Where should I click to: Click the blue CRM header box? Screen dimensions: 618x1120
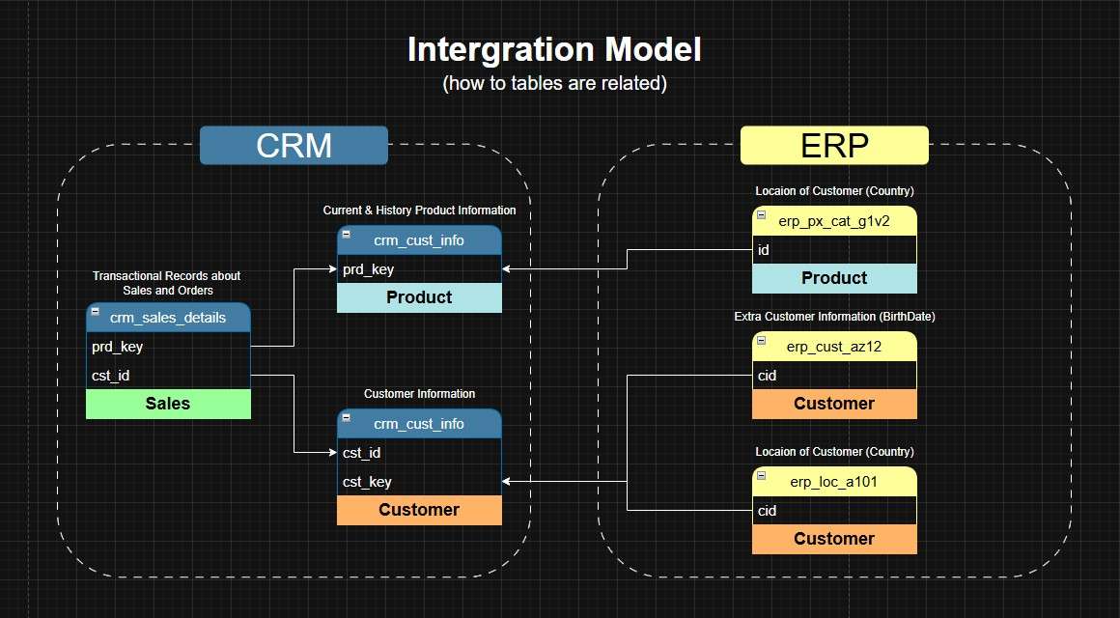294,146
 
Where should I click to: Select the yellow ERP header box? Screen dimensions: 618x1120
834,146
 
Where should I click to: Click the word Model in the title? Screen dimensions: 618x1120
644,49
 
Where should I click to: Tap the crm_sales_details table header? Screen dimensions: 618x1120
168,318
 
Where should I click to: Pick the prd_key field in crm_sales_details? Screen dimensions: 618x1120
118,347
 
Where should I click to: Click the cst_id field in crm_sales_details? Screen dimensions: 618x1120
111,376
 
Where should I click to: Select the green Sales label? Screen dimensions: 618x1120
168,404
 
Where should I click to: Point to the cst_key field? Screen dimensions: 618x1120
367,482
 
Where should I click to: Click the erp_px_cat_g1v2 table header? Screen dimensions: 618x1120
834,221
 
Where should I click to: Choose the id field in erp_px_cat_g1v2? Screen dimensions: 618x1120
763,250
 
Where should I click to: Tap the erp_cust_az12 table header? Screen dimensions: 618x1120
834,347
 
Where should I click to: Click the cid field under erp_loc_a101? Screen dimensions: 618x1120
768,511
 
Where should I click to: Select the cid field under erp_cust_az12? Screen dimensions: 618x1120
768,376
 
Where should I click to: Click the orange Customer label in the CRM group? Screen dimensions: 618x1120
419,510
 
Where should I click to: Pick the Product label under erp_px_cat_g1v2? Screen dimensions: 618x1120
834,278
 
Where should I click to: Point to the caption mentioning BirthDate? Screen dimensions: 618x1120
834,316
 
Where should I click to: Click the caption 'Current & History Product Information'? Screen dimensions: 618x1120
419,210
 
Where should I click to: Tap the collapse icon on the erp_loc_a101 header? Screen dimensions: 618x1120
761,475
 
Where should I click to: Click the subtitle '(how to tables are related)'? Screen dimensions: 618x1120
554,83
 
